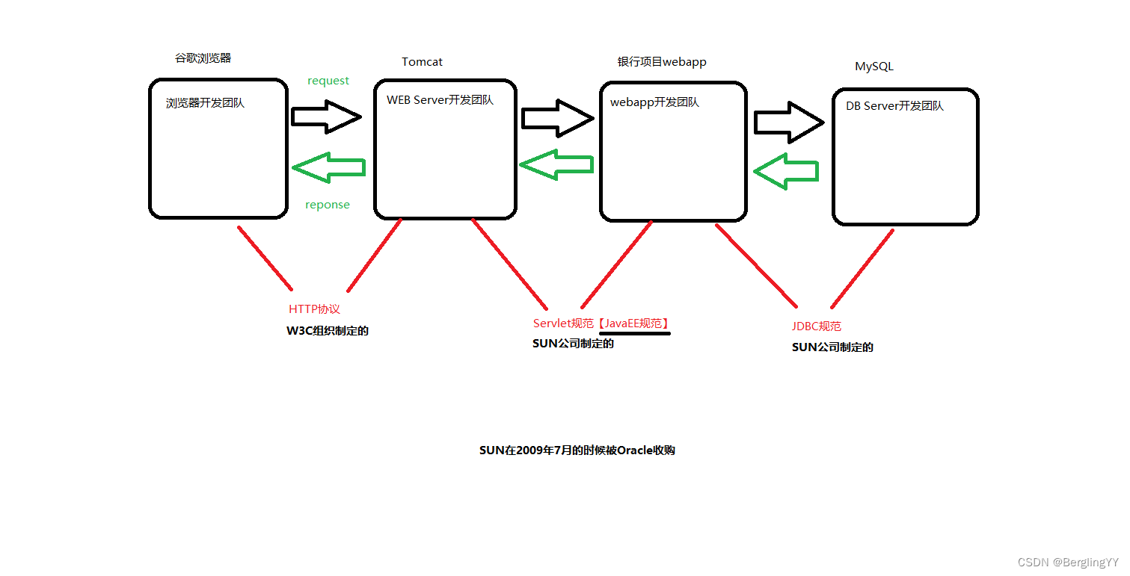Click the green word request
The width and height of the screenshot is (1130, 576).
(328, 81)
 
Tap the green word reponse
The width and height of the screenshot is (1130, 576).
(327, 205)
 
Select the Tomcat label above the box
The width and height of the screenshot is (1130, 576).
(422, 62)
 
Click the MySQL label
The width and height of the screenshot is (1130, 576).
(873, 66)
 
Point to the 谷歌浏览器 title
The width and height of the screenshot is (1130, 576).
(203, 58)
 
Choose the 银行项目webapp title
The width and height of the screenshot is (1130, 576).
(661, 62)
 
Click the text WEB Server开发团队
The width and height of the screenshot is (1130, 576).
(440, 100)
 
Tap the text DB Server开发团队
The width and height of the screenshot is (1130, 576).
(894, 106)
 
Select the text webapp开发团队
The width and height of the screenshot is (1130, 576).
(654, 102)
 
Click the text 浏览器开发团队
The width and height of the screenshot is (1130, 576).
(205, 103)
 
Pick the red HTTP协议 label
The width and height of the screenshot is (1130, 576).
(314, 309)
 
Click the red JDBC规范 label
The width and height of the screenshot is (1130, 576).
(816, 326)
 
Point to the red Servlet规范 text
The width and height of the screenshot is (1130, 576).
(563, 323)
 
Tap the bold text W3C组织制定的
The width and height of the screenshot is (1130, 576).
(328, 331)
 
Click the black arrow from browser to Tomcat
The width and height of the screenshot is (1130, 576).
(326, 117)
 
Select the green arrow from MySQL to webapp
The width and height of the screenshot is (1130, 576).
(785, 171)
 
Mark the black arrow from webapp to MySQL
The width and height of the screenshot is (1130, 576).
(788, 123)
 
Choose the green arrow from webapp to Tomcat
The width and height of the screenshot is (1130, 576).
(556, 164)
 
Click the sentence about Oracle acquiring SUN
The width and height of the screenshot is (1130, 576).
(577, 450)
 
